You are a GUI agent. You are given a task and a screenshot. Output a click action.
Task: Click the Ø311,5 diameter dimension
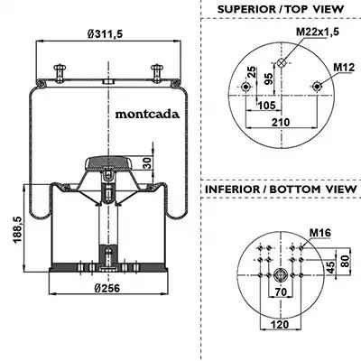coord(106,33)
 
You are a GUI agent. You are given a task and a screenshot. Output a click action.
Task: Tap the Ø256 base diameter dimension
coord(106,288)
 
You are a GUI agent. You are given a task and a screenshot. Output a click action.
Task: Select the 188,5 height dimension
coord(18,229)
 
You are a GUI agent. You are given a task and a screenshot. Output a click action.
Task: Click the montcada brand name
coord(147,115)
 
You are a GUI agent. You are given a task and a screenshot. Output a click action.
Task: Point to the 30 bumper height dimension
coord(147,163)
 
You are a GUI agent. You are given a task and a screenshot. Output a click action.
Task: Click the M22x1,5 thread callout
coord(318,32)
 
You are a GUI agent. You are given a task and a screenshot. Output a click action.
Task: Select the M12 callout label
coord(344,68)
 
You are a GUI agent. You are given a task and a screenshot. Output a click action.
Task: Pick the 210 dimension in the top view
coord(281,122)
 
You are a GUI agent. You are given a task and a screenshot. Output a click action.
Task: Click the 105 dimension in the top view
coord(266,106)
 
